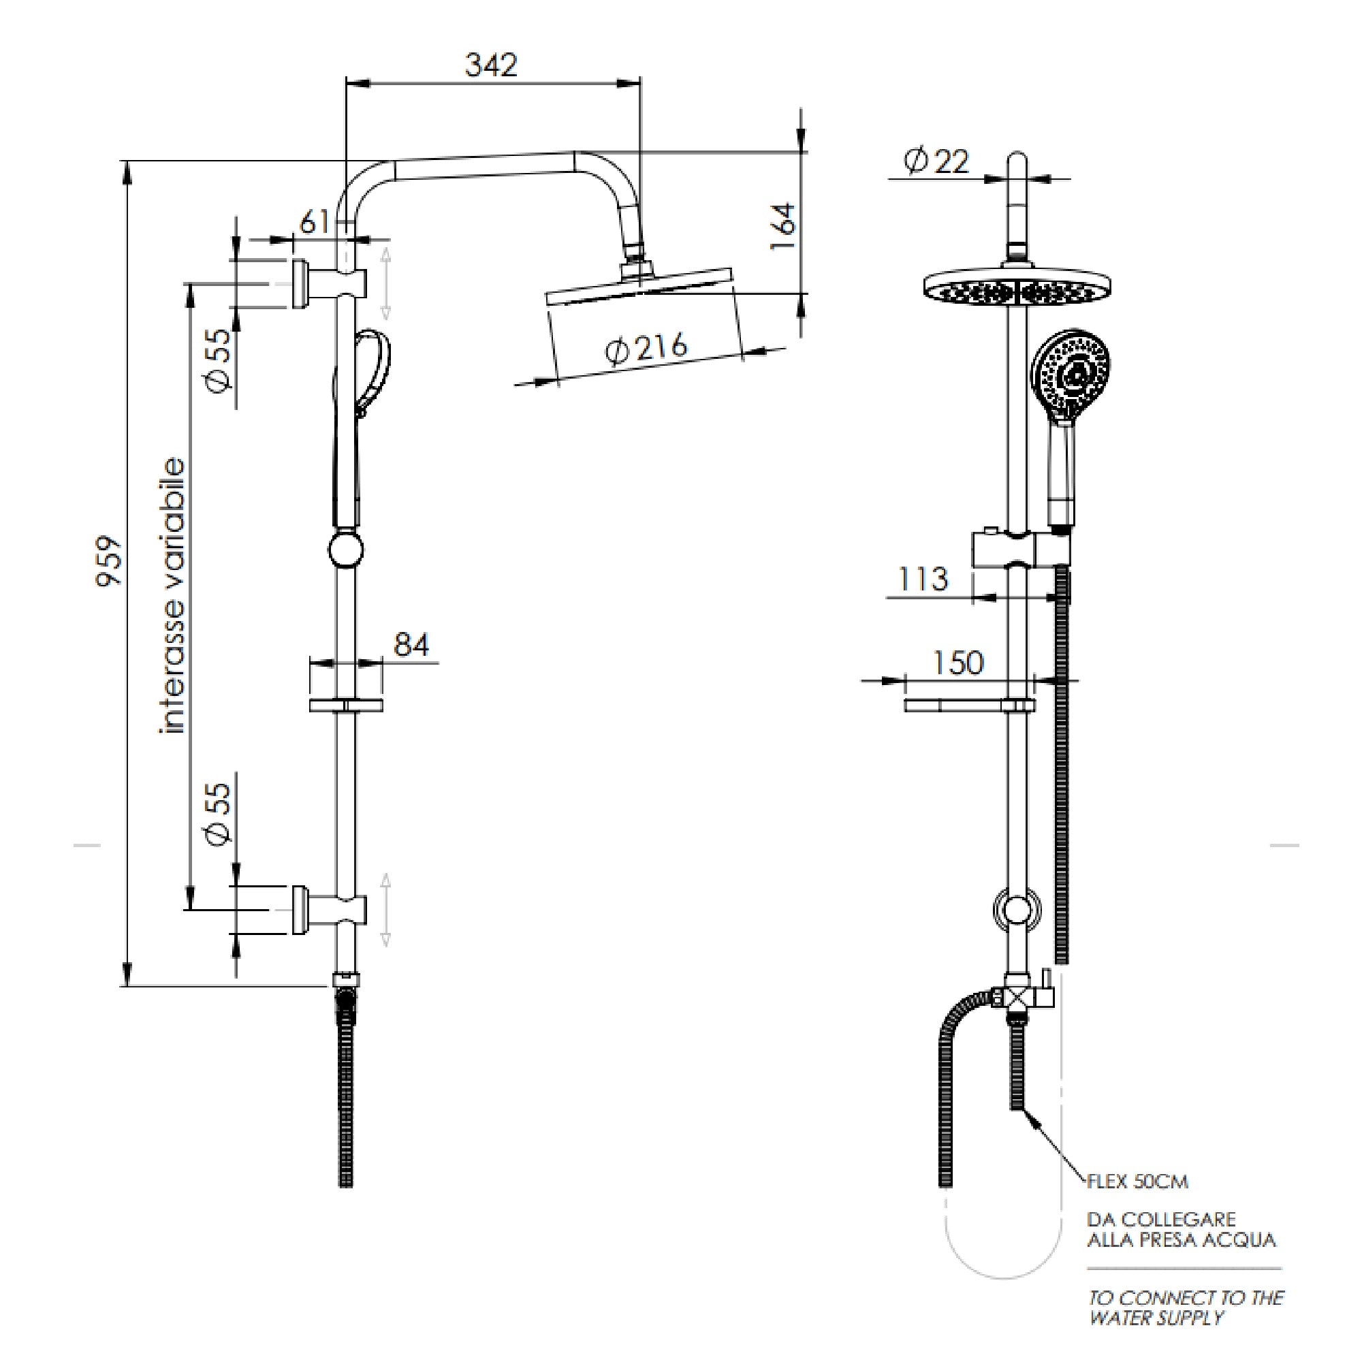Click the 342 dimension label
coord(492,65)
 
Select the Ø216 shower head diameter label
coord(646,348)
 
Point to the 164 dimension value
coord(782,225)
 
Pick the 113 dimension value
coord(923,579)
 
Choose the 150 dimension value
coord(957,663)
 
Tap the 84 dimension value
coord(411,644)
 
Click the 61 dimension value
coord(315,223)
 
